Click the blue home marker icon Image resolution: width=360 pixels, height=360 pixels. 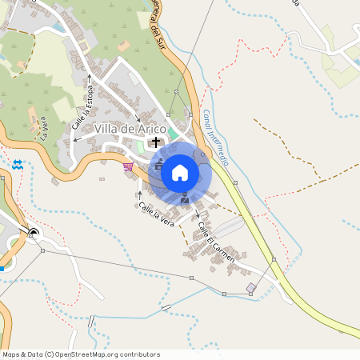point(179,172)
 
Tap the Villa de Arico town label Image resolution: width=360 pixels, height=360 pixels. point(130,129)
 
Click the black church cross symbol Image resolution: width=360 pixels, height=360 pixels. point(155,142)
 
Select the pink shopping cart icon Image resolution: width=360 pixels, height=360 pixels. point(129,166)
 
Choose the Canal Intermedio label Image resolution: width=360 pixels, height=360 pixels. point(215,137)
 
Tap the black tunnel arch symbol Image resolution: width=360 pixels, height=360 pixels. point(34,234)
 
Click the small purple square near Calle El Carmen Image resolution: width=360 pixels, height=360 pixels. point(251,287)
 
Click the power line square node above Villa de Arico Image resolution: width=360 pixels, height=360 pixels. point(176,92)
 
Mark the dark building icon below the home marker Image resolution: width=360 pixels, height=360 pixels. point(186,198)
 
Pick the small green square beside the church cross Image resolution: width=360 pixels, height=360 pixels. point(142,145)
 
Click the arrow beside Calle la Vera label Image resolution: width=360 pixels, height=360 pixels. point(139,194)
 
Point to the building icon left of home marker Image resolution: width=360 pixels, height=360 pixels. point(158,165)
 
